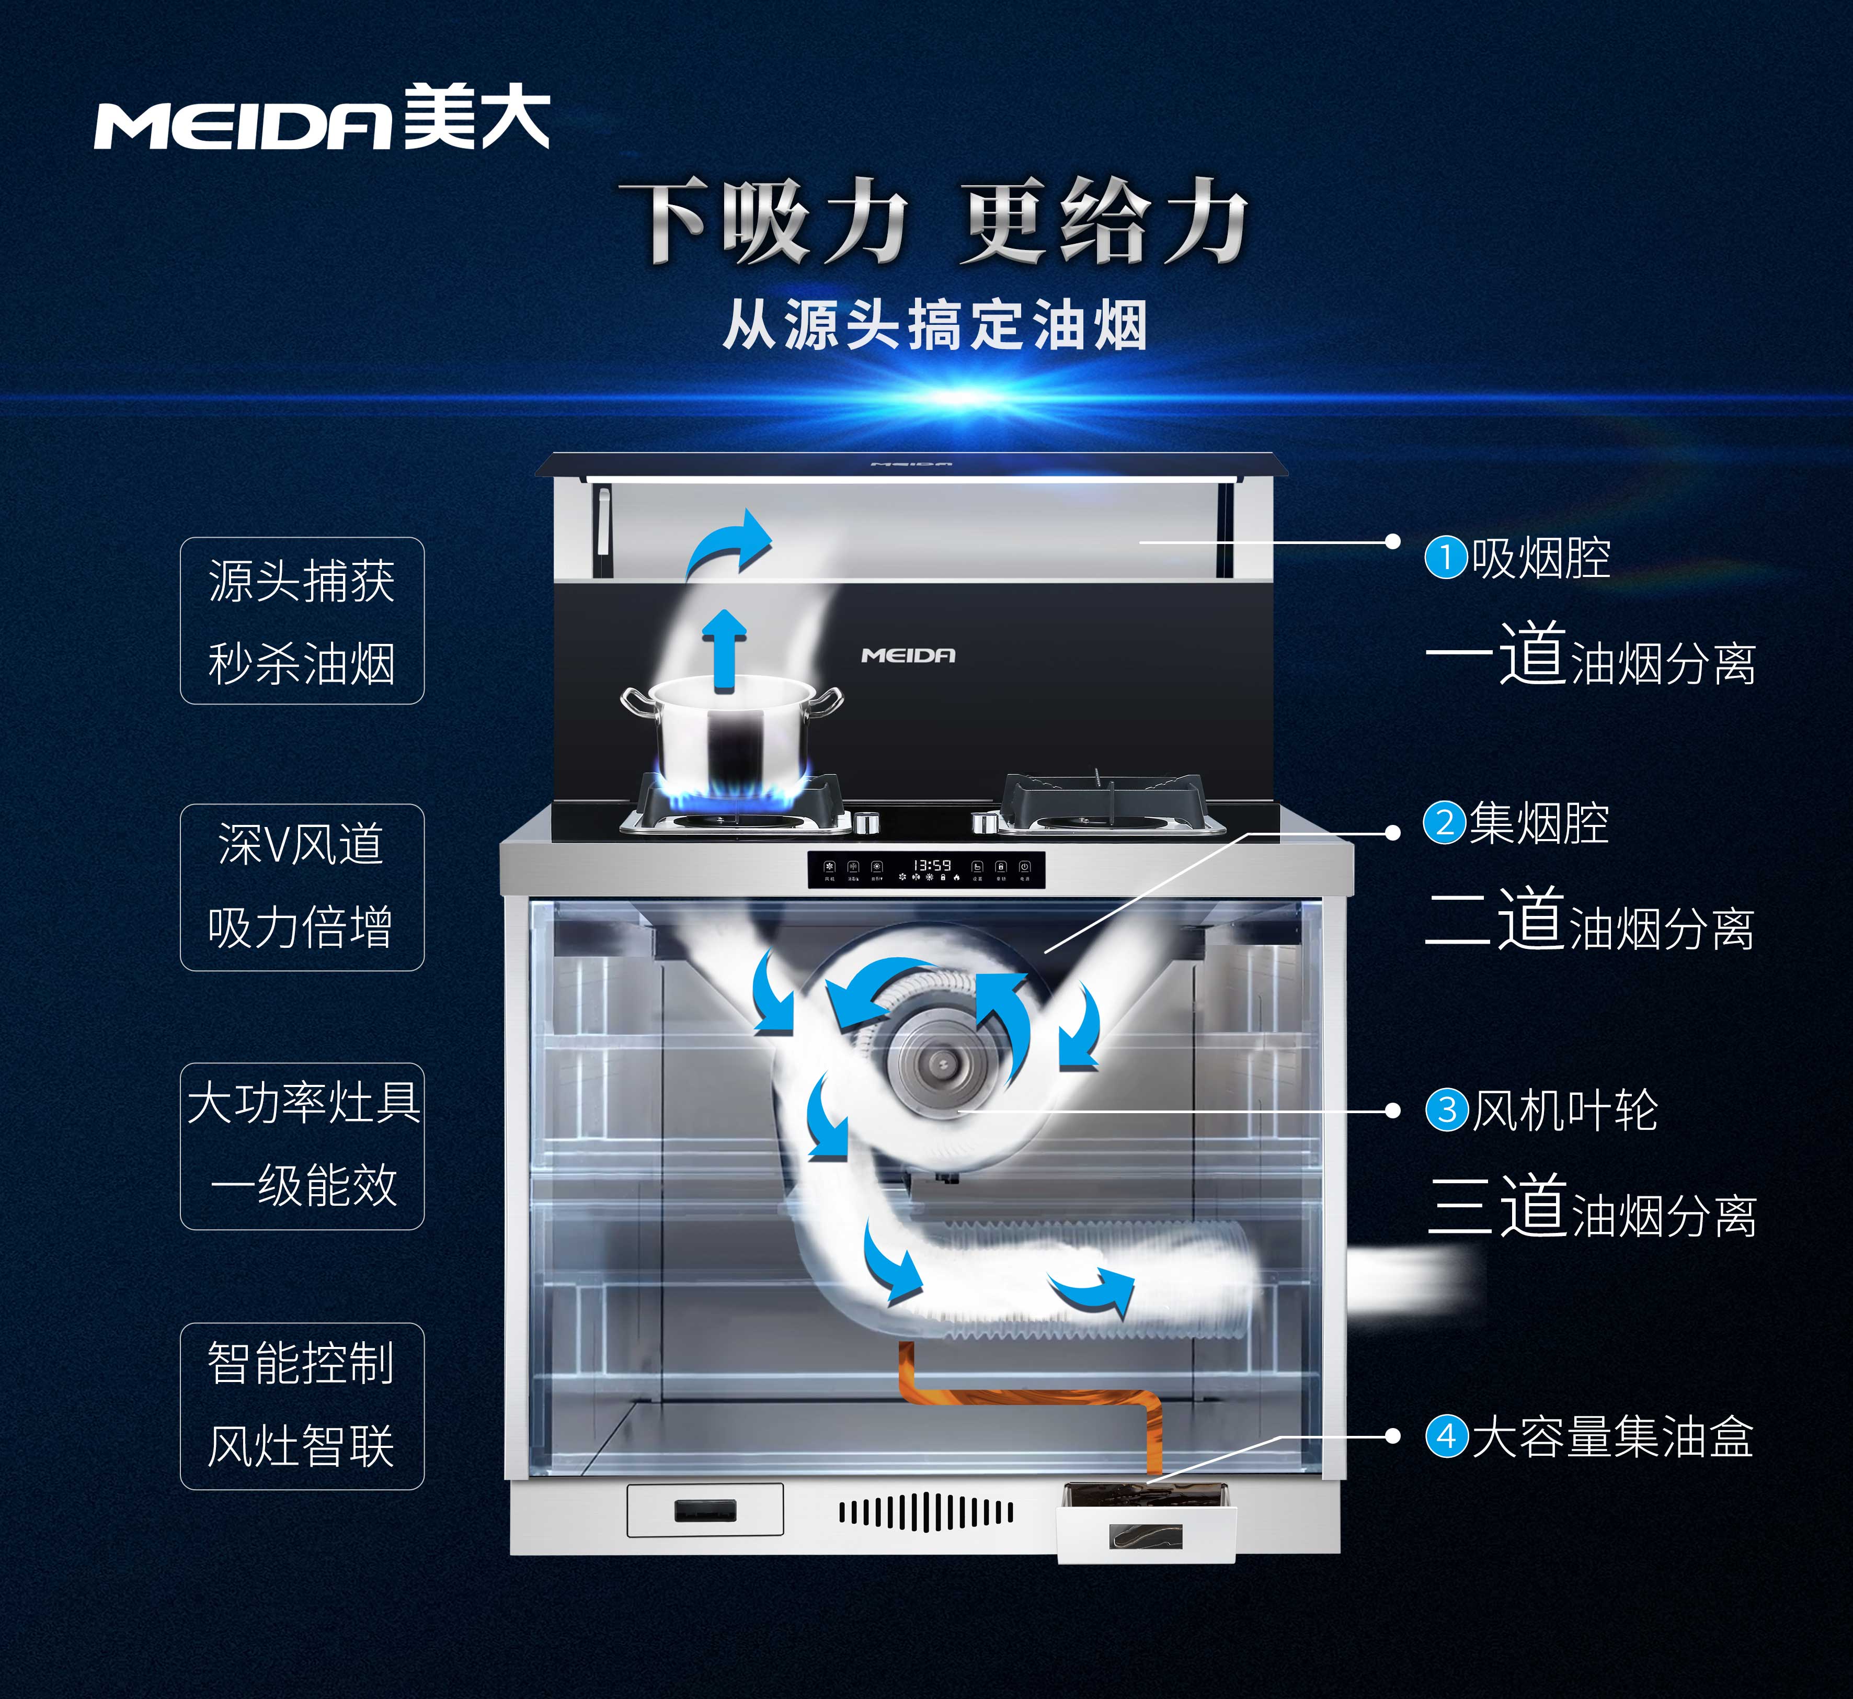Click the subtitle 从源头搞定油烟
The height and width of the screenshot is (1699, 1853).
click(x=935, y=325)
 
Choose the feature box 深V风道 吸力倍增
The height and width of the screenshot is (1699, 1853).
click(x=302, y=887)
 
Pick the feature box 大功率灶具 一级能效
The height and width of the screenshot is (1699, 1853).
click(x=302, y=1147)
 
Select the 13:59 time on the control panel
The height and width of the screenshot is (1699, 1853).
click(x=931, y=865)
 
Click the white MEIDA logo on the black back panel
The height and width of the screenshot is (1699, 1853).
click(x=908, y=655)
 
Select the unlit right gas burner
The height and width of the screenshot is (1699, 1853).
click(x=1112, y=805)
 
